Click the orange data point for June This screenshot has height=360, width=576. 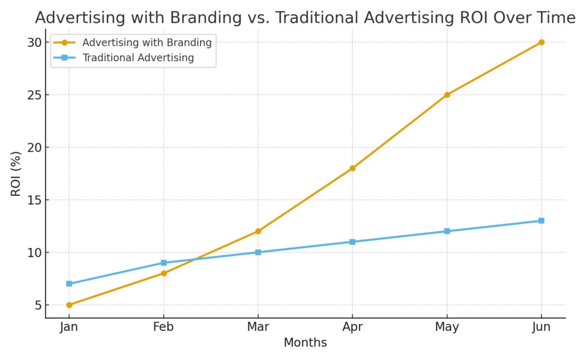[541, 42]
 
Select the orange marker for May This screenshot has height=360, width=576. [447, 94]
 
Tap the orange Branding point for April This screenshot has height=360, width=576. [352, 168]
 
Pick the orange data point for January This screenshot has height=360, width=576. [69, 305]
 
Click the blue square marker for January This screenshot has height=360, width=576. [69, 283]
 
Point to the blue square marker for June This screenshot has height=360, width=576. [541, 220]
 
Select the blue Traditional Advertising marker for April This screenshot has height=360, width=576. [352, 242]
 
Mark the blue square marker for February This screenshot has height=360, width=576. [164, 263]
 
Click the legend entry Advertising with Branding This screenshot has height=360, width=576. [146, 42]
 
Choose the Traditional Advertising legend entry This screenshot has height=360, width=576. [138, 57]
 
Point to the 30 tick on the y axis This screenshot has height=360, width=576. [34, 43]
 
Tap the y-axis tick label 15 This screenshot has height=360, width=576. [34, 200]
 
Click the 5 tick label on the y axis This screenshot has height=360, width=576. [38, 305]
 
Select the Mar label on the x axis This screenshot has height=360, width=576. [258, 327]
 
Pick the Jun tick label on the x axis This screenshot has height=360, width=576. [541, 327]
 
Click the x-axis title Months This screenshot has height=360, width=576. [305, 343]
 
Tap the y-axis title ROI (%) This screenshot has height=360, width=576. [16, 174]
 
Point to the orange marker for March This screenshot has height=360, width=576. [258, 231]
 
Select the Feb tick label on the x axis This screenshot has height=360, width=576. [164, 327]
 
